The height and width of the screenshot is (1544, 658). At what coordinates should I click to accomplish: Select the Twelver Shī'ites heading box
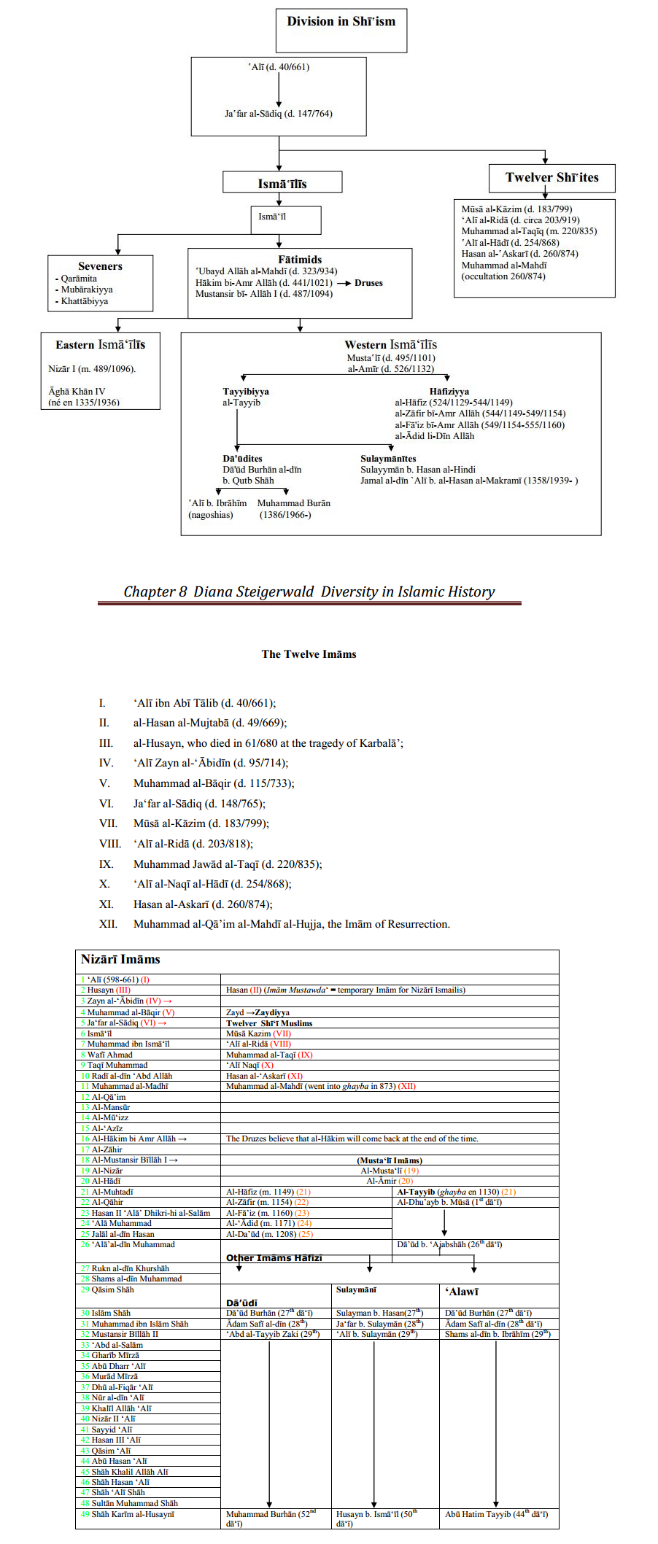tap(551, 177)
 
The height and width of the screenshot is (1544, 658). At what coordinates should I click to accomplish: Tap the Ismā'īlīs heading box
tap(282, 183)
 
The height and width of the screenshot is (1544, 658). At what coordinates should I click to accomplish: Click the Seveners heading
tap(100, 266)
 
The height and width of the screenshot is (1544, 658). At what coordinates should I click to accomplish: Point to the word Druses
tap(368, 283)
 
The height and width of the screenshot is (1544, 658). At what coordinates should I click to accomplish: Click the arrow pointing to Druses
tap(344, 283)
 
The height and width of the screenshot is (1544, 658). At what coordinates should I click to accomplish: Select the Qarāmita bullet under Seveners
tap(79, 279)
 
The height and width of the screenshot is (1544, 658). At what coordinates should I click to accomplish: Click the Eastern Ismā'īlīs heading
tap(100, 345)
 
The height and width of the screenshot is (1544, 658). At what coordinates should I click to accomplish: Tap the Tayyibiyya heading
tap(246, 392)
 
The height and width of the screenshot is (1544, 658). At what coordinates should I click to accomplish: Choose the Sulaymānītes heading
tap(388, 459)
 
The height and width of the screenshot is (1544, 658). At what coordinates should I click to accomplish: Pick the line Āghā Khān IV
tap(77, 392)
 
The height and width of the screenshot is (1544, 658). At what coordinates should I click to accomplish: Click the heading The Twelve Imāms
tap(309, 654)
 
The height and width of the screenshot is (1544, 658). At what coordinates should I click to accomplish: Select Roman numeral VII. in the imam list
tap(108, 823)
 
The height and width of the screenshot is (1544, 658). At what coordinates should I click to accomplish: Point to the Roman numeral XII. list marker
tap(108, 924)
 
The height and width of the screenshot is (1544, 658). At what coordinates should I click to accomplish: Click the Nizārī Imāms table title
tap(120, 960)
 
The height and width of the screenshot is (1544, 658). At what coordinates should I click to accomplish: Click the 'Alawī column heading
tap(462, 1292)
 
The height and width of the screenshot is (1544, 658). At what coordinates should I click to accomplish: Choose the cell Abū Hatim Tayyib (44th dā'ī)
tap(496, 1514)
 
